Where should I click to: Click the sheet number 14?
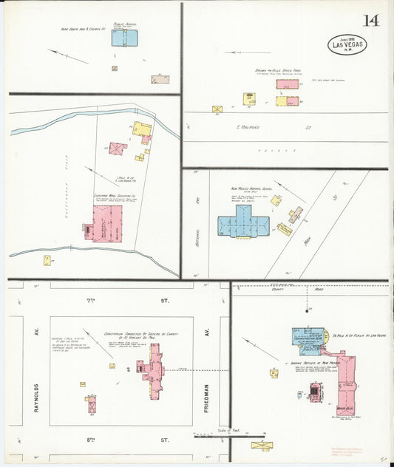pyautogui.click(x=370, y=20)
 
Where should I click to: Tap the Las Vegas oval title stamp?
pyautogui.click(x=347, y=45)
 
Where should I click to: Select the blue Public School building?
pyautogui.click(x=124, y=38)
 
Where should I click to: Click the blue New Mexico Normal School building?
pyautogui.click(x=243, y=225)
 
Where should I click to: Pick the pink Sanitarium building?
pyautogui.click(x=154, y=369)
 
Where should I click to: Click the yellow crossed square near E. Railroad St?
pyautogui.click(x=217, y=109)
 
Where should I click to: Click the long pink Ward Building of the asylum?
pyautogui.click(x=346, y=384)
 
